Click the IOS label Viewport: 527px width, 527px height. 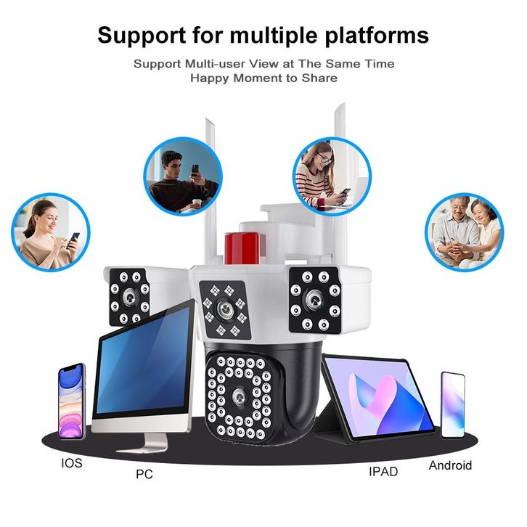(x=71, y=462)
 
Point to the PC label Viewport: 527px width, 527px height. (x=144, y=475)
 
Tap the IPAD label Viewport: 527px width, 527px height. (x=383, y=471)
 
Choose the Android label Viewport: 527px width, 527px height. (x=450, y=465)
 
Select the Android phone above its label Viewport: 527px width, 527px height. (x=452, y=404)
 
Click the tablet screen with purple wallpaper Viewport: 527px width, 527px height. (x=380, y=396)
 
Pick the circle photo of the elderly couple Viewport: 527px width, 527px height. (x=463, y=231)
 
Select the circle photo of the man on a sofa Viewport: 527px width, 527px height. (x=182, y=177)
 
